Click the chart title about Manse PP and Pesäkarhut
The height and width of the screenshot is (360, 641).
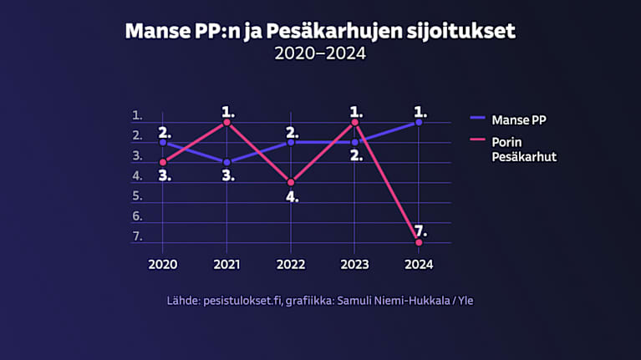point(320,32)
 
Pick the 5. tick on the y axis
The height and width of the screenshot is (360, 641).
point(137,196)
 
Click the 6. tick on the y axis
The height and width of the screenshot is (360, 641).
point(137,216)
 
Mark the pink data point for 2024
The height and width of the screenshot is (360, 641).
point(419,242)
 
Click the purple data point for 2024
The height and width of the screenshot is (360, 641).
point(419,122)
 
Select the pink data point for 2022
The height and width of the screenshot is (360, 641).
point(291,182)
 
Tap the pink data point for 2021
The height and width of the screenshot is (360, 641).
point(227,122)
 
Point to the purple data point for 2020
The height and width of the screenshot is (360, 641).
point(163,142)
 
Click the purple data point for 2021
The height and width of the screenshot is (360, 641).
point(227,162)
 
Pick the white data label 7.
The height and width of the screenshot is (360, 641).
point(420,229)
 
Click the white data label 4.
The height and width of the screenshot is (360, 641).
point(292,197)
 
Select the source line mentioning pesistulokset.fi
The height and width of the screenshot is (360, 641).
point(320,300)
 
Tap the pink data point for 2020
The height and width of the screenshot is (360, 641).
point(163,162)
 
